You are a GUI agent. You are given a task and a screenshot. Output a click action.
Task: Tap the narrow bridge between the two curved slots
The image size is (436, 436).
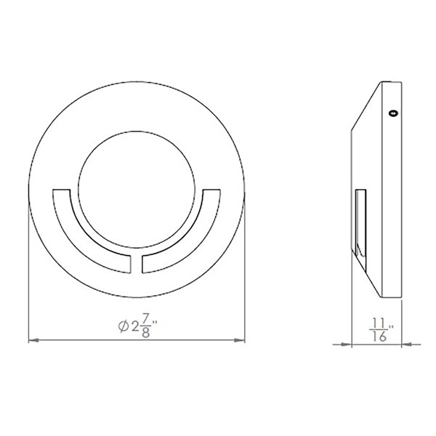[137, 264]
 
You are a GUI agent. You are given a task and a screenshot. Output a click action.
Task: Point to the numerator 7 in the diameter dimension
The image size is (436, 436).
[146, 318]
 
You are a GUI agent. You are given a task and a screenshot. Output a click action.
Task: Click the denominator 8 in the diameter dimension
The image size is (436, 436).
[146, 333]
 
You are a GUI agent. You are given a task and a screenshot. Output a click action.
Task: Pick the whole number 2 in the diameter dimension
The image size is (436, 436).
[135, 326]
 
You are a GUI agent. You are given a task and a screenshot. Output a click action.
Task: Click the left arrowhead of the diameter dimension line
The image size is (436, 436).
[34, 340]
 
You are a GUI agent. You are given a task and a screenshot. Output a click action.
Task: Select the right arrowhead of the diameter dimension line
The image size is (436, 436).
[239, 340]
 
